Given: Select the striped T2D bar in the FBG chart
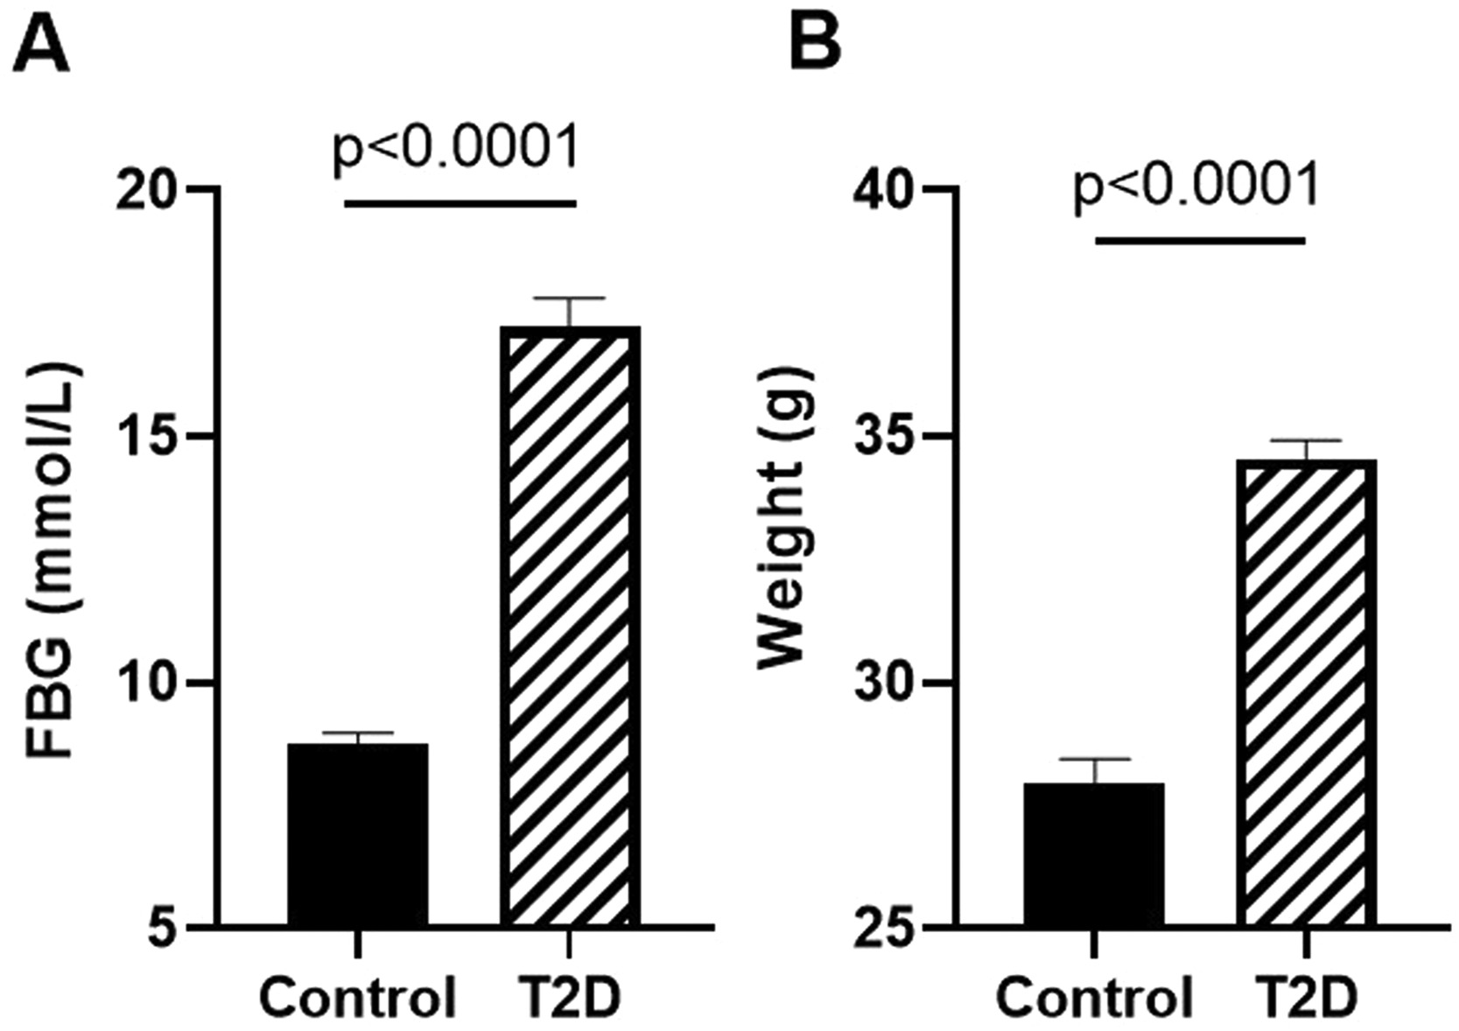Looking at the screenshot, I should coord(570,626).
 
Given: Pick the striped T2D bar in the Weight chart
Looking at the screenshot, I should coord(1306,692).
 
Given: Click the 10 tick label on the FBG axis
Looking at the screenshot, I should coord(147,683).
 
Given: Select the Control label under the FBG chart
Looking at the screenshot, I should coord(359,999).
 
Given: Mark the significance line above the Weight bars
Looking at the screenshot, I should coord(1200,240).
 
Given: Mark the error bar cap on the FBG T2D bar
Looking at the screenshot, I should coord(570,298).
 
